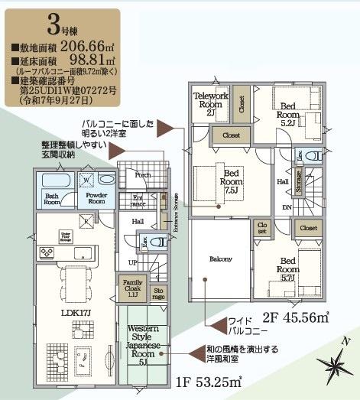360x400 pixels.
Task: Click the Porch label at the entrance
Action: (x=142, y=175)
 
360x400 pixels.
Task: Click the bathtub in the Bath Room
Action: (x=52, y=181)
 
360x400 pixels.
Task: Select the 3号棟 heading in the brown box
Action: (x=59, y=27)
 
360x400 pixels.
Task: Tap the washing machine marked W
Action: (x=86, y=182)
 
